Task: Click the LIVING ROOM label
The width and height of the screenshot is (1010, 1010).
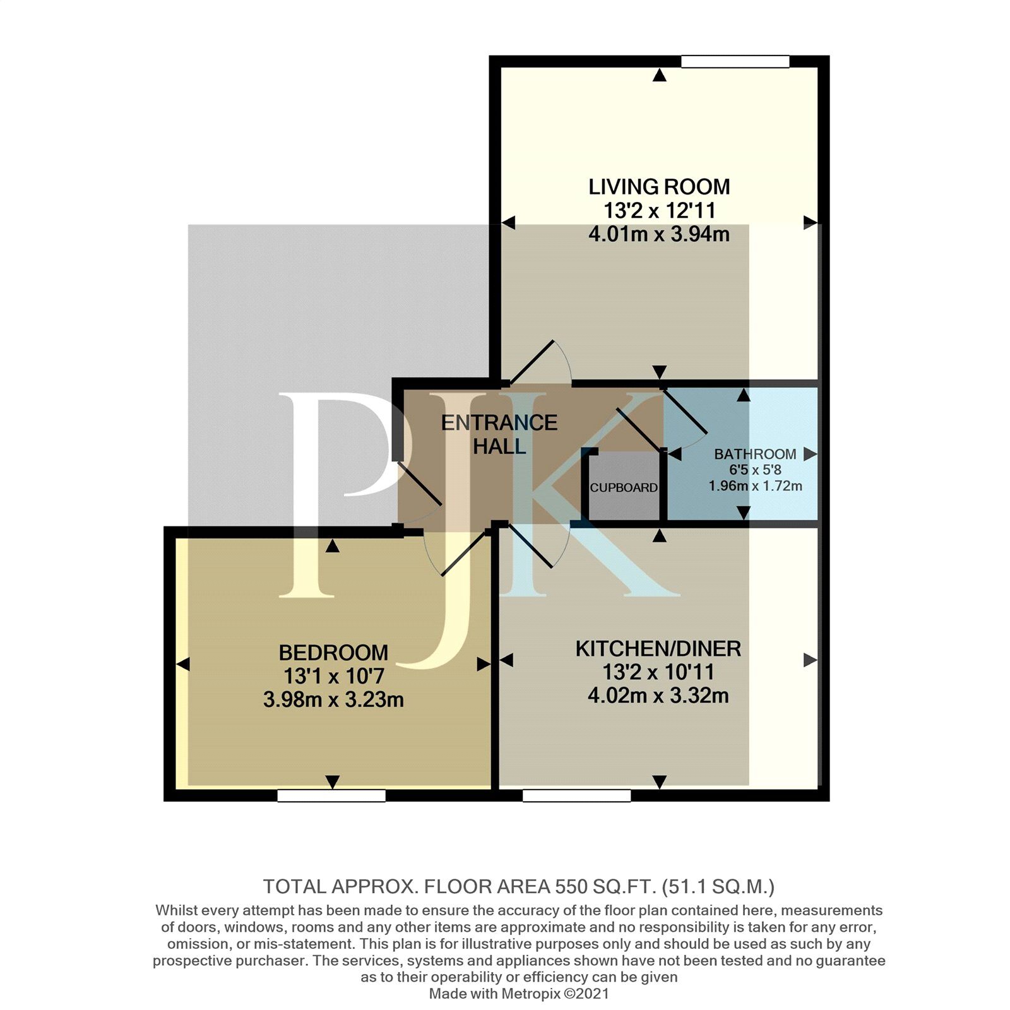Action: [659, 187]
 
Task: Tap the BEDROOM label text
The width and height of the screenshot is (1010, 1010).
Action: [333, 652]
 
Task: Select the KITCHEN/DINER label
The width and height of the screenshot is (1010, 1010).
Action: [658, 649]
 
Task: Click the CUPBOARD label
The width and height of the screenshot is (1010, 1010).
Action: [624, 488]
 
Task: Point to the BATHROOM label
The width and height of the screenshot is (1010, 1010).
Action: [755, 454]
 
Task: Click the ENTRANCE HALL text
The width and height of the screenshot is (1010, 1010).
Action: [499, 434]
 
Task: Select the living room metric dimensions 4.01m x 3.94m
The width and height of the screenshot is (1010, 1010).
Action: [659, 234]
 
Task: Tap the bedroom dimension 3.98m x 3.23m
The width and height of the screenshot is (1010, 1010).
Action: [333, 699]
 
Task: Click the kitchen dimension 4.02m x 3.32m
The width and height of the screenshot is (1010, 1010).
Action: [658, 696]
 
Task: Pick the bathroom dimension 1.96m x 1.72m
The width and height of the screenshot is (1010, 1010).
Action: [755, 486]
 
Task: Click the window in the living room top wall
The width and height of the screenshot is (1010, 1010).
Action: [735, 61]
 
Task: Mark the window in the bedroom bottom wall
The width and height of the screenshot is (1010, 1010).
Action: [331, 796]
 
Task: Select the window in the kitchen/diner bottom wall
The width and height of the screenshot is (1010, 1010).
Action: [577, 796]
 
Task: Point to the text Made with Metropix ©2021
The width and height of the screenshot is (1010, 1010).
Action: [519, 994]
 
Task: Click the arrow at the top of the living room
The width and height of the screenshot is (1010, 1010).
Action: [660, 76]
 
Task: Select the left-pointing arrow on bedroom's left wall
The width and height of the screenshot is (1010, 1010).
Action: [183, 664]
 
